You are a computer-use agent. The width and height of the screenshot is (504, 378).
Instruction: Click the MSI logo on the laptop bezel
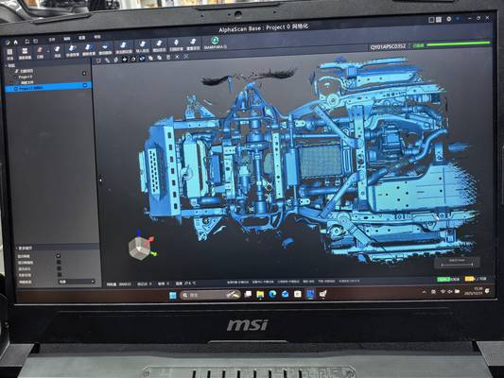(247, 325)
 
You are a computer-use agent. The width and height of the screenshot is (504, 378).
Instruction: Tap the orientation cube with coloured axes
(141, 247)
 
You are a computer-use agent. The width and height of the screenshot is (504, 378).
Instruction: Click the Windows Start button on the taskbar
(171, 295)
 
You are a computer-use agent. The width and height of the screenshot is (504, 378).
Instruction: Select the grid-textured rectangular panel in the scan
(314, 163)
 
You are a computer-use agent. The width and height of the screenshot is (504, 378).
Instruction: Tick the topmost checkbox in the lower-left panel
(58, 255)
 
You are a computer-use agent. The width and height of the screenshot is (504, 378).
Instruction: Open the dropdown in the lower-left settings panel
(76, 282)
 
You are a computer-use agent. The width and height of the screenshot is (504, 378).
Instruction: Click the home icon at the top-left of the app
(11, 43)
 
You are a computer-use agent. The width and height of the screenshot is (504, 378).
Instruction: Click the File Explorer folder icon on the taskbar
(260, 295)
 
